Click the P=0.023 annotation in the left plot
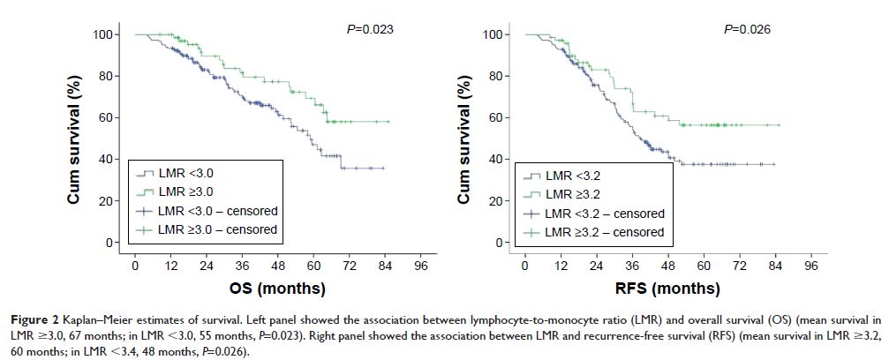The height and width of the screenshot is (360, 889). [x=369, y=29]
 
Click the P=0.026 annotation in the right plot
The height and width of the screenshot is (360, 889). [x=747, y=29]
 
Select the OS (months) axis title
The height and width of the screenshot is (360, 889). [x=277, y=289]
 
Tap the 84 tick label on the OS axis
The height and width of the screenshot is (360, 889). [x=385, y=265]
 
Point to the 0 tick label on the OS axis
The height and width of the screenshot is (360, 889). [x=134, y=265]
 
